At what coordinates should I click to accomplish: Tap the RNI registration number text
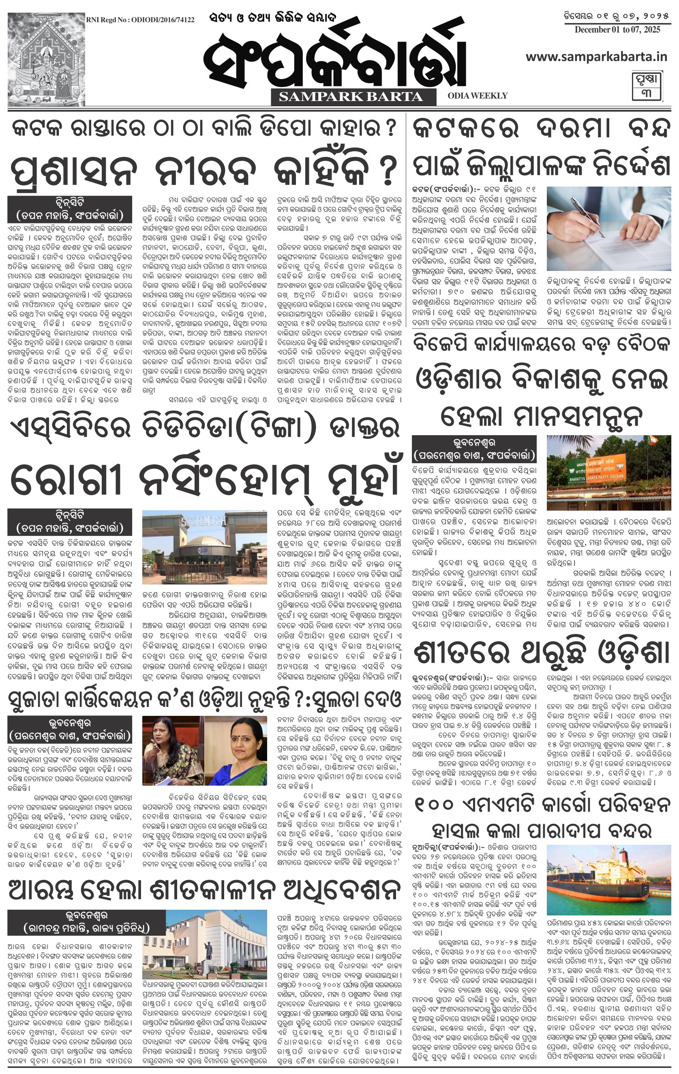[140, 20]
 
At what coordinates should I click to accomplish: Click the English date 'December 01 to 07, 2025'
[617, 30]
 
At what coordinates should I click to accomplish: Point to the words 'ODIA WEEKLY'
[478, 95]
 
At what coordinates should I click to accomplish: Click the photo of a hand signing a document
[608, 228]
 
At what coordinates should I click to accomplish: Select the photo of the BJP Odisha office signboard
[608, 473]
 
